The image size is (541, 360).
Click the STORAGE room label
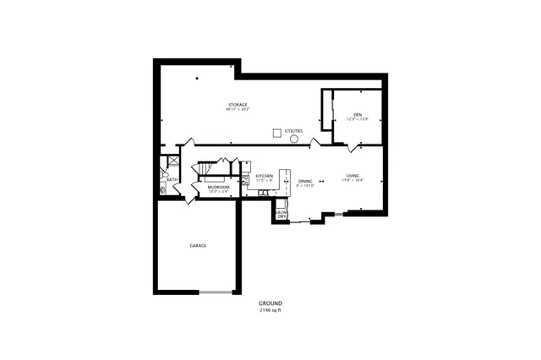[x=237, y=105]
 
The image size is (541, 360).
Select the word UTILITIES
[x=294, y=131]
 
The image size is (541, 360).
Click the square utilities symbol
[x=276, y=132]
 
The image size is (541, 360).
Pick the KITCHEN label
[x=265, y=176]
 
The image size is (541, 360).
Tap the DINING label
[x=305, y=181]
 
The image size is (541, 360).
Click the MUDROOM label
[x=219, y=188]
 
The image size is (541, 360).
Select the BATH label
[x=172, y=179]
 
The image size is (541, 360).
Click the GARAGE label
[x=198, y=246]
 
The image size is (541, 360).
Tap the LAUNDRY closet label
[x=281, y=215]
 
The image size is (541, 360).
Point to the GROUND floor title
[x=270, y=303]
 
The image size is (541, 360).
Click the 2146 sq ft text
[x=270, y=310]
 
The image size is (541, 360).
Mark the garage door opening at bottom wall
[x=216, y=292]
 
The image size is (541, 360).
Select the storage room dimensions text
[x=237, y=110]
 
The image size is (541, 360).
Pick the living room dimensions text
[x=352, y=181]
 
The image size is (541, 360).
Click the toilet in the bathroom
[x=164, y=189]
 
